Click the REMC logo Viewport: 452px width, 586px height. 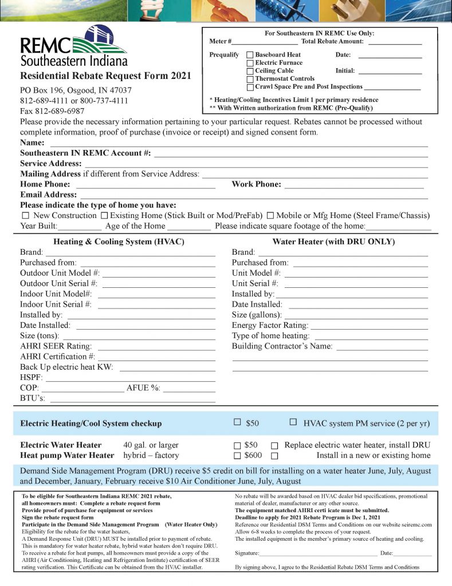pos(73,46)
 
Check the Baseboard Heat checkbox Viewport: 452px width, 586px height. pos(250,55)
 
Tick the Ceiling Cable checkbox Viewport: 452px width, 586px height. pos(250,71)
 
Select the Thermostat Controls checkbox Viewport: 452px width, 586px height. pos(250,79)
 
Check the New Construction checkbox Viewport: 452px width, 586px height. pos(25,216)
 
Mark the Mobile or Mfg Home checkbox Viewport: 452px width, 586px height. pos(270,216)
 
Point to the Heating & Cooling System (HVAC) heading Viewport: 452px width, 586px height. pos(119,242)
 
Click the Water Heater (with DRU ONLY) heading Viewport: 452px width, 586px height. pos(333,242)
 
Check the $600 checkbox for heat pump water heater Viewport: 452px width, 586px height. pos(237,456)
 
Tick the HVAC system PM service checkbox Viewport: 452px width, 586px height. pos(293,422)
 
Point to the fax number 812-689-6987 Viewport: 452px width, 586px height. pos(52,111)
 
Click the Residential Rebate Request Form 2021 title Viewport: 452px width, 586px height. pos(105,76)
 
